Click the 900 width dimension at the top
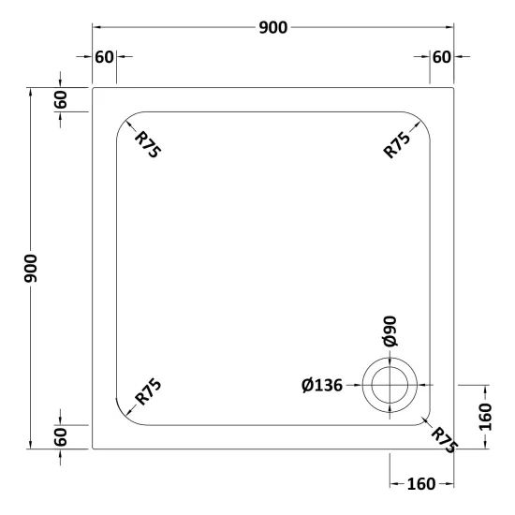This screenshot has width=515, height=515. (x=272, y=27)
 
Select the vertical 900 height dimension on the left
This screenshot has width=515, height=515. (x=31, y=268)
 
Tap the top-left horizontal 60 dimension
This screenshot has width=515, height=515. (x=104, y=57)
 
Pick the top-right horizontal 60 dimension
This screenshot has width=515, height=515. (x=441, y=57)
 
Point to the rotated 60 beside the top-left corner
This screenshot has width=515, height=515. (x=61, y=99)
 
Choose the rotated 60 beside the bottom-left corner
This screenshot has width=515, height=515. (x=61, y=437)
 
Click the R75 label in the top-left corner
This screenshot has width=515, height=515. (x=148, y=144)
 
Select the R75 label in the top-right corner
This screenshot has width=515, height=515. (x=397, y=144)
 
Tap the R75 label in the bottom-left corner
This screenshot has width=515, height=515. (x=148, y=391)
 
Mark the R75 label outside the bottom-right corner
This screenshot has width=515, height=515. (x=444, y=440)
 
